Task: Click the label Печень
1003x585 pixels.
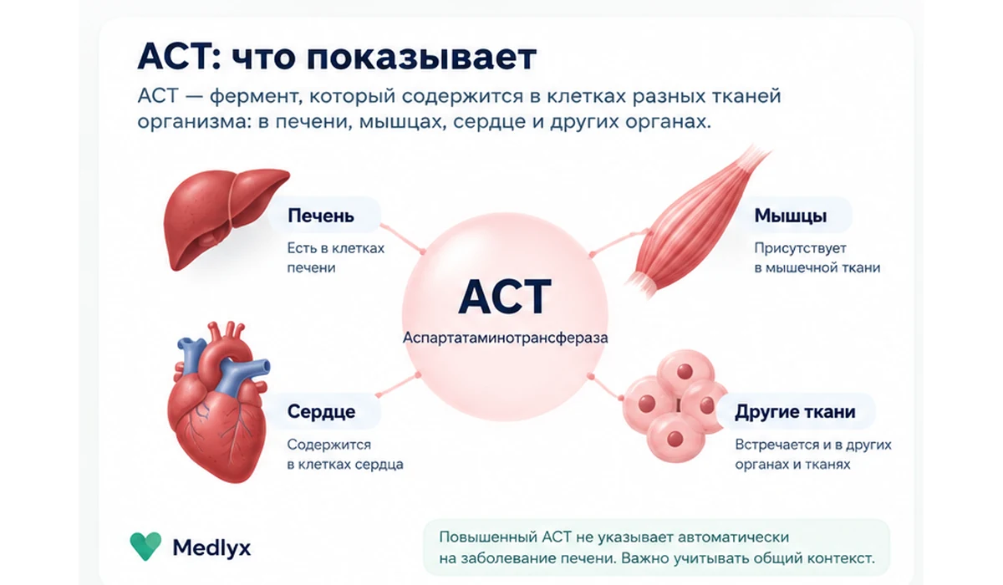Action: coord(321,216)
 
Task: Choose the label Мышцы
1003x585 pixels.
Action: coord(791,216)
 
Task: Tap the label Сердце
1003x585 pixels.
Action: coord(321,411)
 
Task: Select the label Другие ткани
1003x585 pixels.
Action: coord(795,412)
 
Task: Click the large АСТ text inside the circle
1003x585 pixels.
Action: coord(505,297)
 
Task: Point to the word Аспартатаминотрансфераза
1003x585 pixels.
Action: coord(505,338)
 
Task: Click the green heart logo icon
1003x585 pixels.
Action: coord(145,546)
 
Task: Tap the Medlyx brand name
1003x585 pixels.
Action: coord(211,547)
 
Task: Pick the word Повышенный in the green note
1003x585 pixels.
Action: coord(487,537)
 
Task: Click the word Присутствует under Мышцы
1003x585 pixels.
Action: coord(800,248)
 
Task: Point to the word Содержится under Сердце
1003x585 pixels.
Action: coord(329,445)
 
